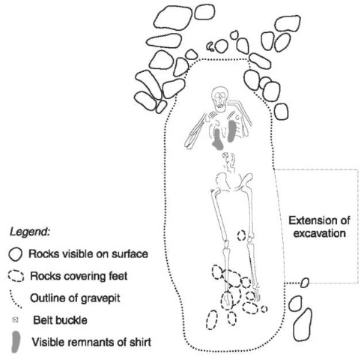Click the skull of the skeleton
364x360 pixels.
click(x=219, y=98)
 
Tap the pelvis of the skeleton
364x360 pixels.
click(x=234, y=182)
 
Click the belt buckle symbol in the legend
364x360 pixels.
click(x=16, y=319)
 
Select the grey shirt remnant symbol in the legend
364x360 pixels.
click(x=16, y=342)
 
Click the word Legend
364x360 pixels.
click(x=29, y=232)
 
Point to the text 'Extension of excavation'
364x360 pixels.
click(x=319, y=226)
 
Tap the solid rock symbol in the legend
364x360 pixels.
click(x=16, y=254)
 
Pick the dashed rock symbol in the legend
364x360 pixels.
click(x=16, y=276)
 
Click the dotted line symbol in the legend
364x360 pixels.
click(x=16, y=299)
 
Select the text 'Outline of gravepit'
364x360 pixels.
click(x=75, y=298)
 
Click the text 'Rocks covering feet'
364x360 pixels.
click(x=79, y=276)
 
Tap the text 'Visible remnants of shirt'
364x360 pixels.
click(x=91, y=342)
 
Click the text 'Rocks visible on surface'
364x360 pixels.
click(x=88, y=254)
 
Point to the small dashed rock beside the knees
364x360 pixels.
click(x=241, y=235)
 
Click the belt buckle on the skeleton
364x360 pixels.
click(x=226, y=155)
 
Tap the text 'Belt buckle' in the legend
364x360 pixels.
click(x=60, y=320)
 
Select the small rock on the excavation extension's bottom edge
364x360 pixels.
click(x=305, y=283)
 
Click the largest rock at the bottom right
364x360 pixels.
click(x=303, y=325)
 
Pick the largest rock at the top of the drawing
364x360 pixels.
click(x=173, y=17)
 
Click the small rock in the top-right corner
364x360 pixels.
click(x=288, y=23)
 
